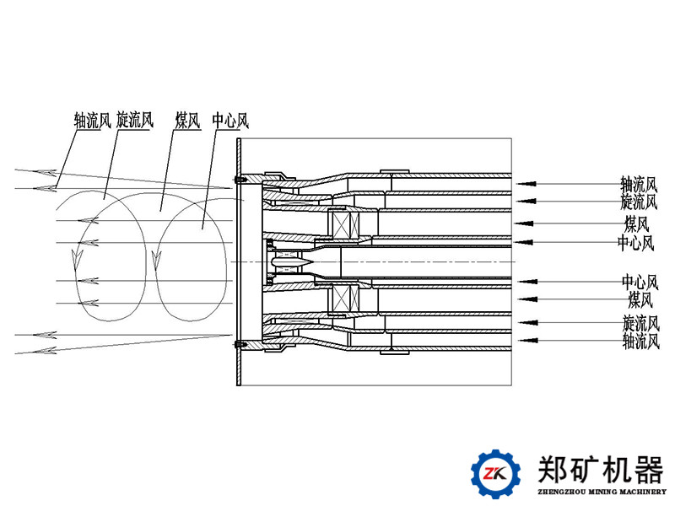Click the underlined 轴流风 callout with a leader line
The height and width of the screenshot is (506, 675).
point(92,121)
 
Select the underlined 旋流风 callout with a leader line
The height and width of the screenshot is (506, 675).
point(135,121)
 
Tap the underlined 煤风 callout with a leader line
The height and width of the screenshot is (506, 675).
point(187,121)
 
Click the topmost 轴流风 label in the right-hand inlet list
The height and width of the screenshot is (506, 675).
point(638,183)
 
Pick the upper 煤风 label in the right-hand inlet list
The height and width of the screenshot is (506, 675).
point(637,223)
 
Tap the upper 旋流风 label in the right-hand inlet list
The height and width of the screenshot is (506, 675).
point(638,202)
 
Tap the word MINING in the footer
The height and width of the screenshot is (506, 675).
point(601,492)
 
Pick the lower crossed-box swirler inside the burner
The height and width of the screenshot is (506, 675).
point(347,300)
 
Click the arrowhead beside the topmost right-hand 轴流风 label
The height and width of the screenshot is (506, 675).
point(524,182)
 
